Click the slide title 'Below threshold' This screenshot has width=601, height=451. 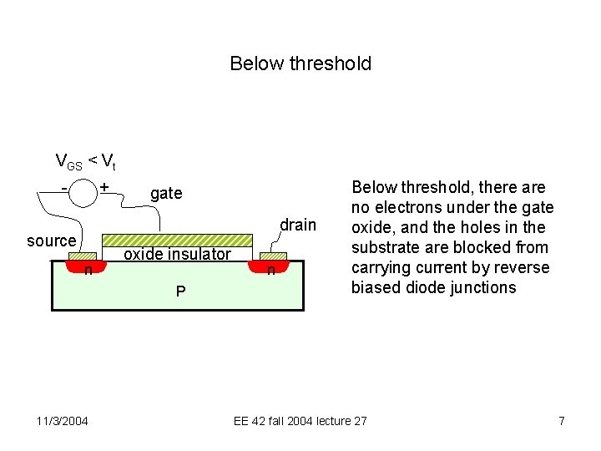300,63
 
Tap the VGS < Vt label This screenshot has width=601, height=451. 84,161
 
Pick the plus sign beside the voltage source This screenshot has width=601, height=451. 104,185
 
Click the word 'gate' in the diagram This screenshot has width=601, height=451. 166,194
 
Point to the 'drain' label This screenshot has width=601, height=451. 298,225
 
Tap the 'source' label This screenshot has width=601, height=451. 51,241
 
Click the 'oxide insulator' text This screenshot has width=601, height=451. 177,255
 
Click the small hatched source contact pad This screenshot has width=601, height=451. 82,257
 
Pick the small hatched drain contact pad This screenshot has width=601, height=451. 273,256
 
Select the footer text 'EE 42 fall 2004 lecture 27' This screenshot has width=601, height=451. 300,421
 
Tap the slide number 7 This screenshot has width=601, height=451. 562,421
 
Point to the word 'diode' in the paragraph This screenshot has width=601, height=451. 438,288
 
